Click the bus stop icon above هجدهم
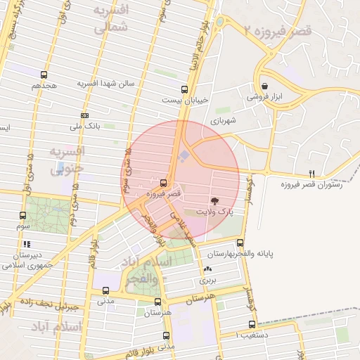(44, 74)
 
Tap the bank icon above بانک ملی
(85, 115)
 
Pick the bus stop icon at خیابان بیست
(184, 89)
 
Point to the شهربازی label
(224, 120)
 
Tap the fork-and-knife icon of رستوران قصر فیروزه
(312, 173)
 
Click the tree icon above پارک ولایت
(224, 200)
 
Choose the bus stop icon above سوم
(22, 216)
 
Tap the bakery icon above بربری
(207, 269)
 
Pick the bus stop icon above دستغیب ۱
(252, 325)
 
